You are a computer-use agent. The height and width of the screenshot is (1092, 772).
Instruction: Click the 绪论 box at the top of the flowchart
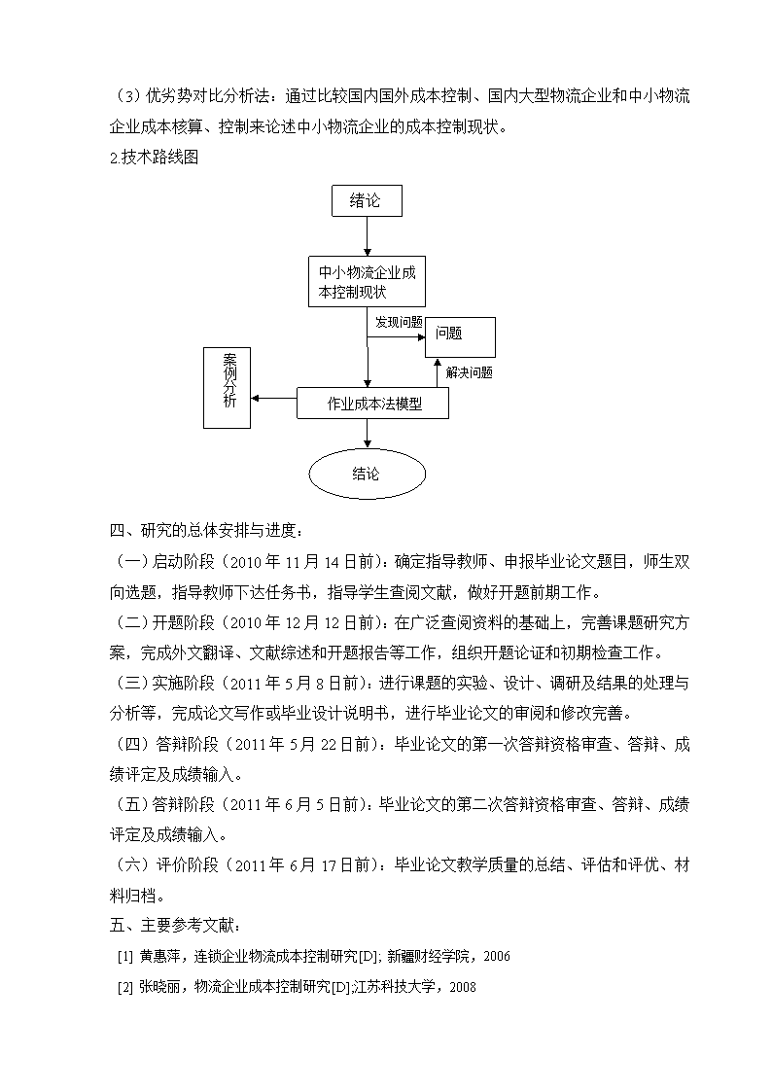tap(367, 200)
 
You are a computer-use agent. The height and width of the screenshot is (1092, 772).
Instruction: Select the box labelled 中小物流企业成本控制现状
tap(367, 281)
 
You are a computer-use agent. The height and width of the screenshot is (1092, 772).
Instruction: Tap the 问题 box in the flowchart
tap(460, 337)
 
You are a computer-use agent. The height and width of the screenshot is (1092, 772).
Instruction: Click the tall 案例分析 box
tap(227, 388)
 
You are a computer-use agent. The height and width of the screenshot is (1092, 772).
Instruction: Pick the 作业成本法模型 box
tap(372, 404)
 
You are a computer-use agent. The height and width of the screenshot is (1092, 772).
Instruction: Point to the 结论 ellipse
tap(367, 475)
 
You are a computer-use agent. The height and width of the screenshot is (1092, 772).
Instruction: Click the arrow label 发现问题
tap(399, 322)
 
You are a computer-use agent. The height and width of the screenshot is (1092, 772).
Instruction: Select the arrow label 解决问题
tap(470, 372)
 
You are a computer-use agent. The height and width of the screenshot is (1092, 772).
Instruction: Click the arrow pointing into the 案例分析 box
tap(273, 399)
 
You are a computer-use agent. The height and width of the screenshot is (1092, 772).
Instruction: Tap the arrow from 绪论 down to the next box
tap(368, 237)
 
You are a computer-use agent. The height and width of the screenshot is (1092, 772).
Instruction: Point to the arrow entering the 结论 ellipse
tap(368, 435)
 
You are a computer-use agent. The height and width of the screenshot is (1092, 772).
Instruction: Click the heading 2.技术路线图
tap(154, 158)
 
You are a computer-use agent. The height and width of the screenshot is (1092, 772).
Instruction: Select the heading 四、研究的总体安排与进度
tap(206, 531)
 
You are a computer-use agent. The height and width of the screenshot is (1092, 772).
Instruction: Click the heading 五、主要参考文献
tap(175, 926)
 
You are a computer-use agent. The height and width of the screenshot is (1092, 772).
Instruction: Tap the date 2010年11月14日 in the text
tap(301, 561)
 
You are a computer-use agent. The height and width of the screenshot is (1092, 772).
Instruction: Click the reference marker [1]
tap(125, 957)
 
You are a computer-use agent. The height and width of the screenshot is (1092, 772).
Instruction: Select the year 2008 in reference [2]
tap(463, 987)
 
